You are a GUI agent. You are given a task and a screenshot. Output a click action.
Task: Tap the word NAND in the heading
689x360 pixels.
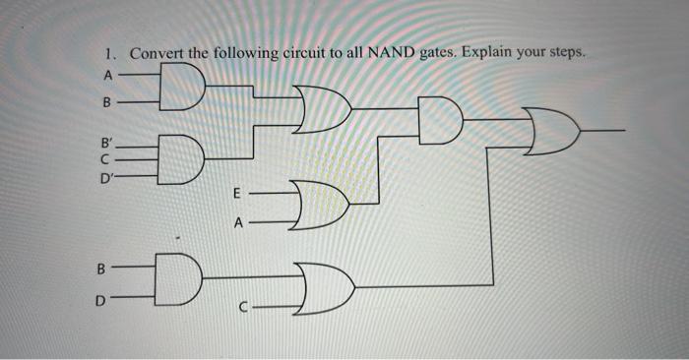pyautogui.click(x=392, y=53)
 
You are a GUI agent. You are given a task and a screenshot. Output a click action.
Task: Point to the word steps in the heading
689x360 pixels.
pyautogui.click(x=564, y=53)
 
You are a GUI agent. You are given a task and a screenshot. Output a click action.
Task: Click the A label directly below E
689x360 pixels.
pyautogui.click(x=237, y=222)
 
